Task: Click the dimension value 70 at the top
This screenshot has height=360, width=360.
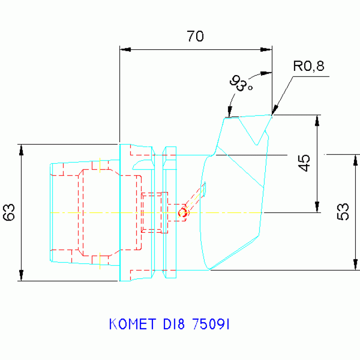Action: [195, 36]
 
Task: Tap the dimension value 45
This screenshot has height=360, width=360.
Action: [305, 163]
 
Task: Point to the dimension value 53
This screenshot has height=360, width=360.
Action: [343, 212]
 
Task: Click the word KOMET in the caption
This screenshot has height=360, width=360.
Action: [131, 324]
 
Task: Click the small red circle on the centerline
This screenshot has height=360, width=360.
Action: [183, 213]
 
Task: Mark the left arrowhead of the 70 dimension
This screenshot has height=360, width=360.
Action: [124, 49]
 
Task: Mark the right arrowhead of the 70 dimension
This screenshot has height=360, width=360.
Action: [267, 49]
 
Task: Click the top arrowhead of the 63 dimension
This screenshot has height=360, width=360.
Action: [21, 149]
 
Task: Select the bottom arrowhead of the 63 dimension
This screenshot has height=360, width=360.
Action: [21, 276]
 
